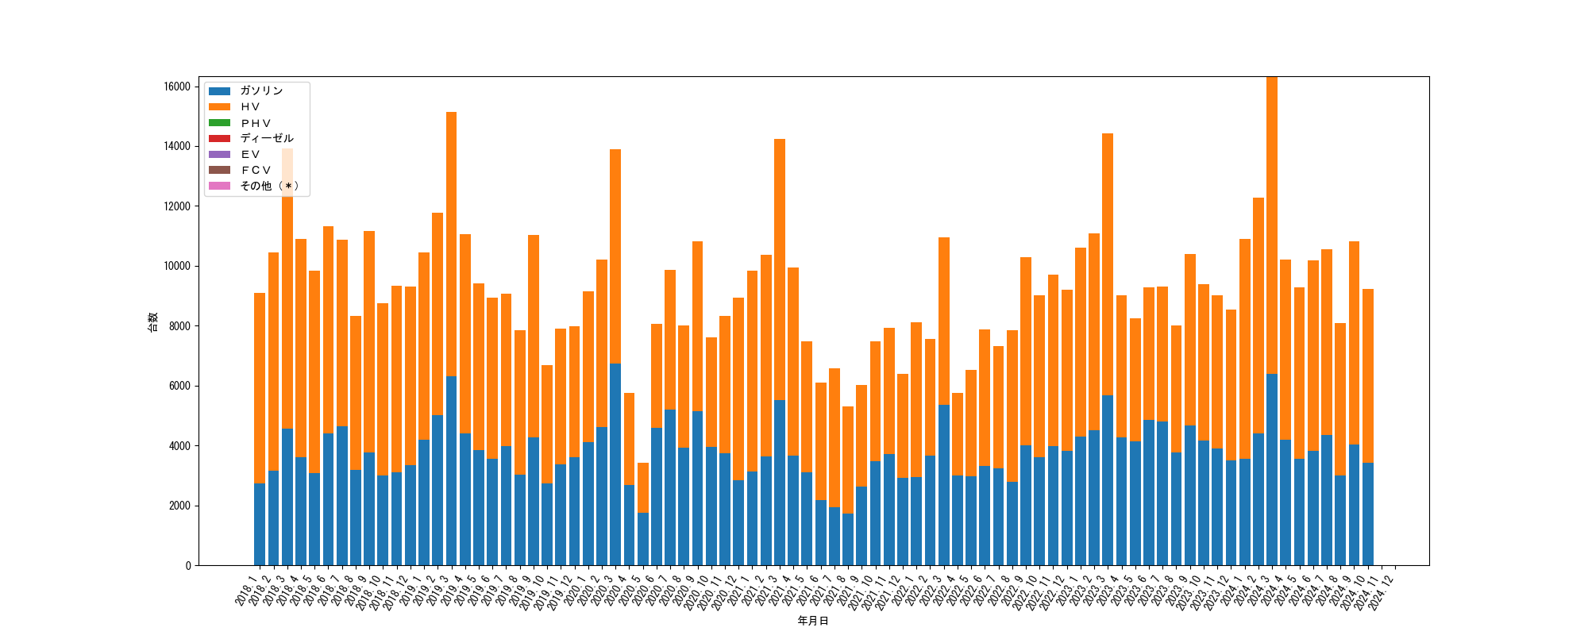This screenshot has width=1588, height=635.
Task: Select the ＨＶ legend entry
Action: tap(250, 107)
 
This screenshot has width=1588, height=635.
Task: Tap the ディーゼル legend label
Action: tap(267, 139)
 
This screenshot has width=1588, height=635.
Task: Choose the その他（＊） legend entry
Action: tap(269, 187)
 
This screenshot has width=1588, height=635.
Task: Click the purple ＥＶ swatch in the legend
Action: tap(219, 155)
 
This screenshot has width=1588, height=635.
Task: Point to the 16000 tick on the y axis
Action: tap(176, 87)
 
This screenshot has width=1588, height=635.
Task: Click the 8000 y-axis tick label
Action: tap(179, 326)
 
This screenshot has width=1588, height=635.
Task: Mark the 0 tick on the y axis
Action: tap(188, 566)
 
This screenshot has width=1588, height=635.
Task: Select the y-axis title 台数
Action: tap(152, 321)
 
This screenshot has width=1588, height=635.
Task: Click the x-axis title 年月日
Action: tap(813, 621)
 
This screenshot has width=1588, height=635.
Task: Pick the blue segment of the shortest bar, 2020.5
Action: tap(643, 540)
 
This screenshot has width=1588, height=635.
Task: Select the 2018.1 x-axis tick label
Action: tap(246, 591)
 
